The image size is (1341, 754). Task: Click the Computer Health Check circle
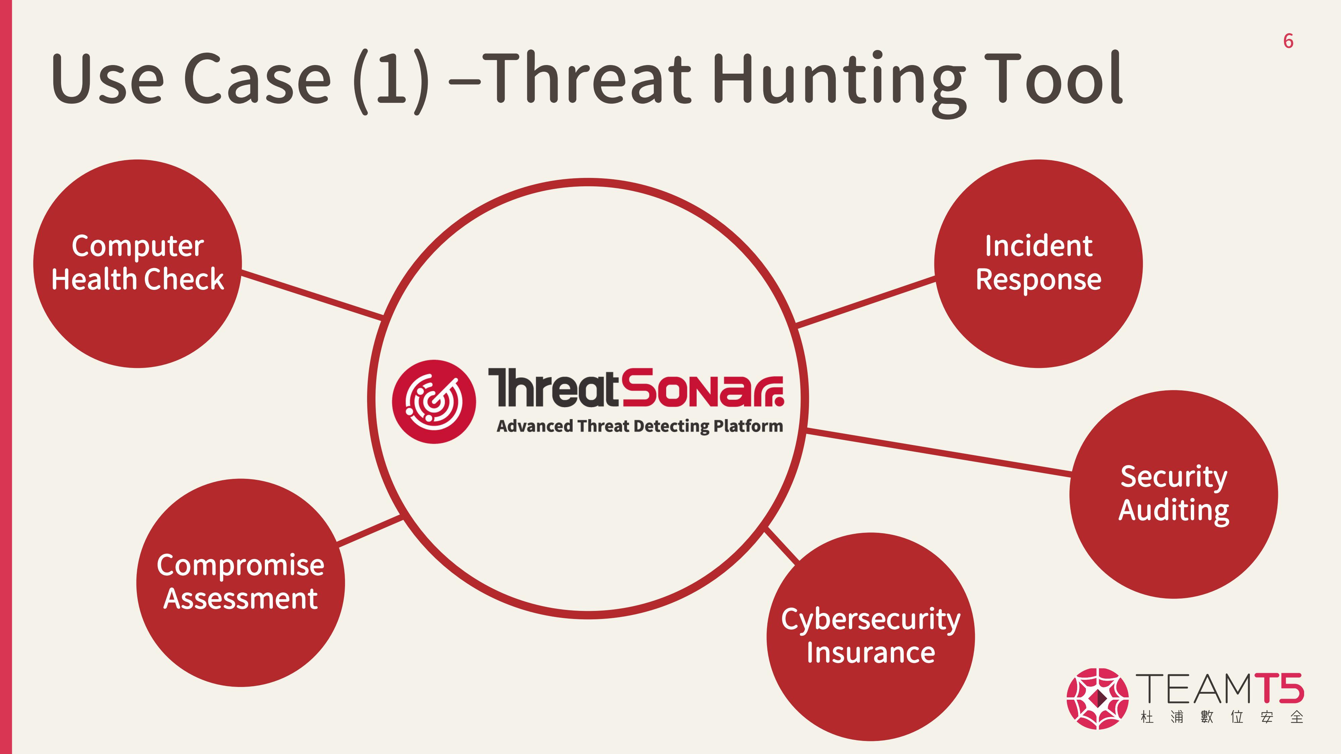[x=137, y=264]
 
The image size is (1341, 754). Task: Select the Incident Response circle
[x=1039, y=264]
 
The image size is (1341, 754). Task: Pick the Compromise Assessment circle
[x=240, y=583]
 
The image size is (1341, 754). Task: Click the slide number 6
[x=1288, y=41]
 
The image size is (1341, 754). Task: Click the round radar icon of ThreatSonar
[x=433, y=402]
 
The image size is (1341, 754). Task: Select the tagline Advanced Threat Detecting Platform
[x=640, y=426]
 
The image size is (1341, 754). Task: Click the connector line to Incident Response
[x=866, y=302]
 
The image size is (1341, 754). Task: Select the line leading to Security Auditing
[x=939, y=452]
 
